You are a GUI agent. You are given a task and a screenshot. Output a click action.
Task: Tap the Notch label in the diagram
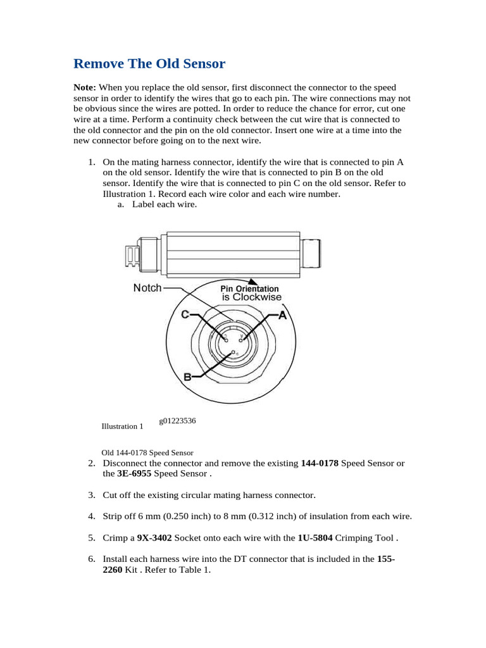click(x=147, y=288)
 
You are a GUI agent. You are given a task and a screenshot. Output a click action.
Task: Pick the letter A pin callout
click(x=282, y=315)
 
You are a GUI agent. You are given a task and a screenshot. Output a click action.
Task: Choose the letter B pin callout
click(x=187, y=377)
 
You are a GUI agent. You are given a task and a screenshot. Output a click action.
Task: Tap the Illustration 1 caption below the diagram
click(x=122, y=427)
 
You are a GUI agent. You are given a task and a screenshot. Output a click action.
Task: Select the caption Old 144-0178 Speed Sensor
click(x=147, y=453)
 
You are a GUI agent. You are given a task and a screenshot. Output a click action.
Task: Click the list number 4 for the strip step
click(x=91, y=516)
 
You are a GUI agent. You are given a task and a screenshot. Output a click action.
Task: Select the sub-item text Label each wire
click(x=165, y=204)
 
